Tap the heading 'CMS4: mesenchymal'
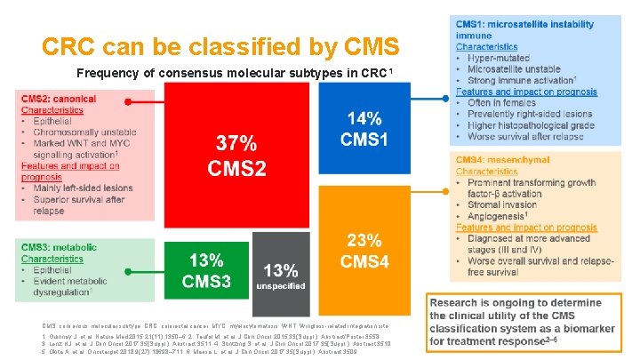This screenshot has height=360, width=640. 509,160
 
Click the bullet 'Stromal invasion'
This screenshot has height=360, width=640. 508,204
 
